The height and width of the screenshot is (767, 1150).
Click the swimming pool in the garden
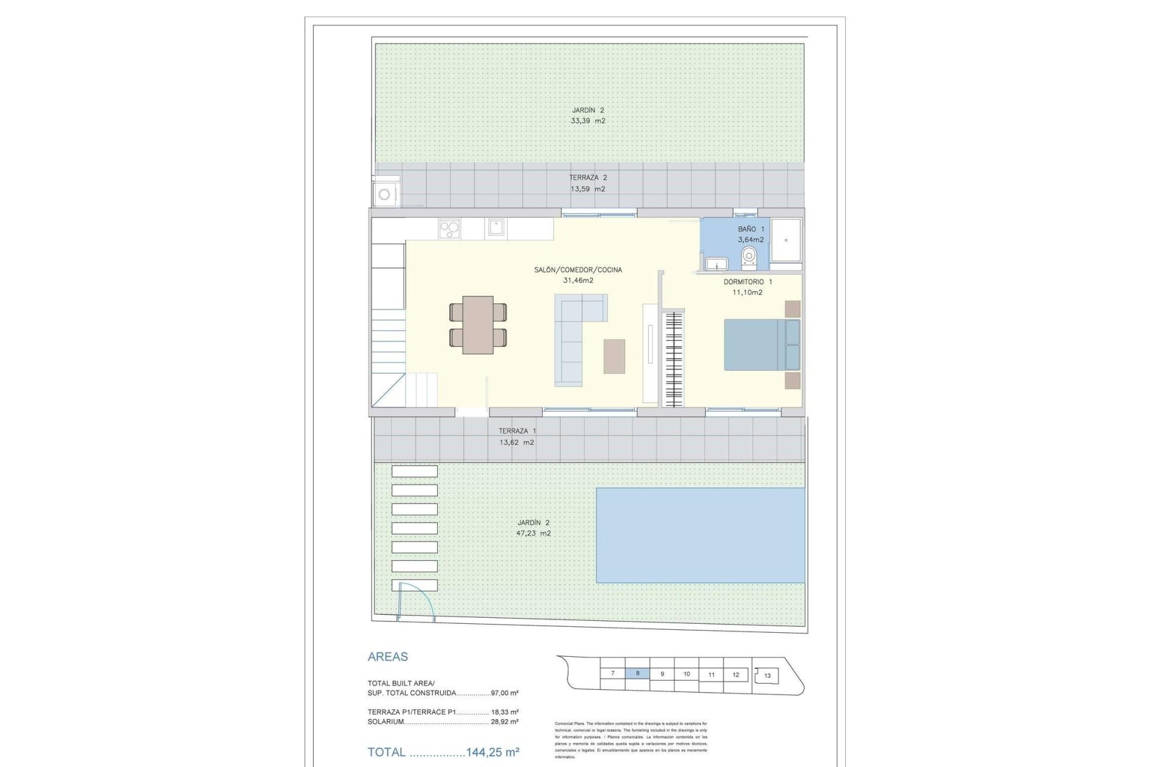coord(700,535)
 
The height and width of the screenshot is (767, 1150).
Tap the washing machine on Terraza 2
coord(385,194)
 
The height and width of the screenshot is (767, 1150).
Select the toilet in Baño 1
coord(749,256)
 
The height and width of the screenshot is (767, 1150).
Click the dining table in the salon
coord(478,324)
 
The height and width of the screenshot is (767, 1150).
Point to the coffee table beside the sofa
coord(614,356)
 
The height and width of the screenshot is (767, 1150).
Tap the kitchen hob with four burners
coord(449,228)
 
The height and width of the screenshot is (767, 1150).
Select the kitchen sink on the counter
coord(495,228)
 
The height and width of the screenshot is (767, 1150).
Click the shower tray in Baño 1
coord(785,240)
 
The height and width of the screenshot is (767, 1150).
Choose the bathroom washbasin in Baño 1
coord(716,264)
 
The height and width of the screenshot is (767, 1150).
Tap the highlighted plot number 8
coord(637,674)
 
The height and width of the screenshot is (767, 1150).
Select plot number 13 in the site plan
coord(767,675)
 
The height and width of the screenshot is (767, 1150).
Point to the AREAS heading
coord(388,657)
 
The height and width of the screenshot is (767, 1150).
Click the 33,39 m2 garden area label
coord(588,121)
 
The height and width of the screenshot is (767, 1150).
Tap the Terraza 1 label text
coord(517,431)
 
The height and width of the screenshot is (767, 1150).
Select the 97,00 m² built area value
coord(504,693)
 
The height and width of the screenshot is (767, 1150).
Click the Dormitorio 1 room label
coord(747,282)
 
